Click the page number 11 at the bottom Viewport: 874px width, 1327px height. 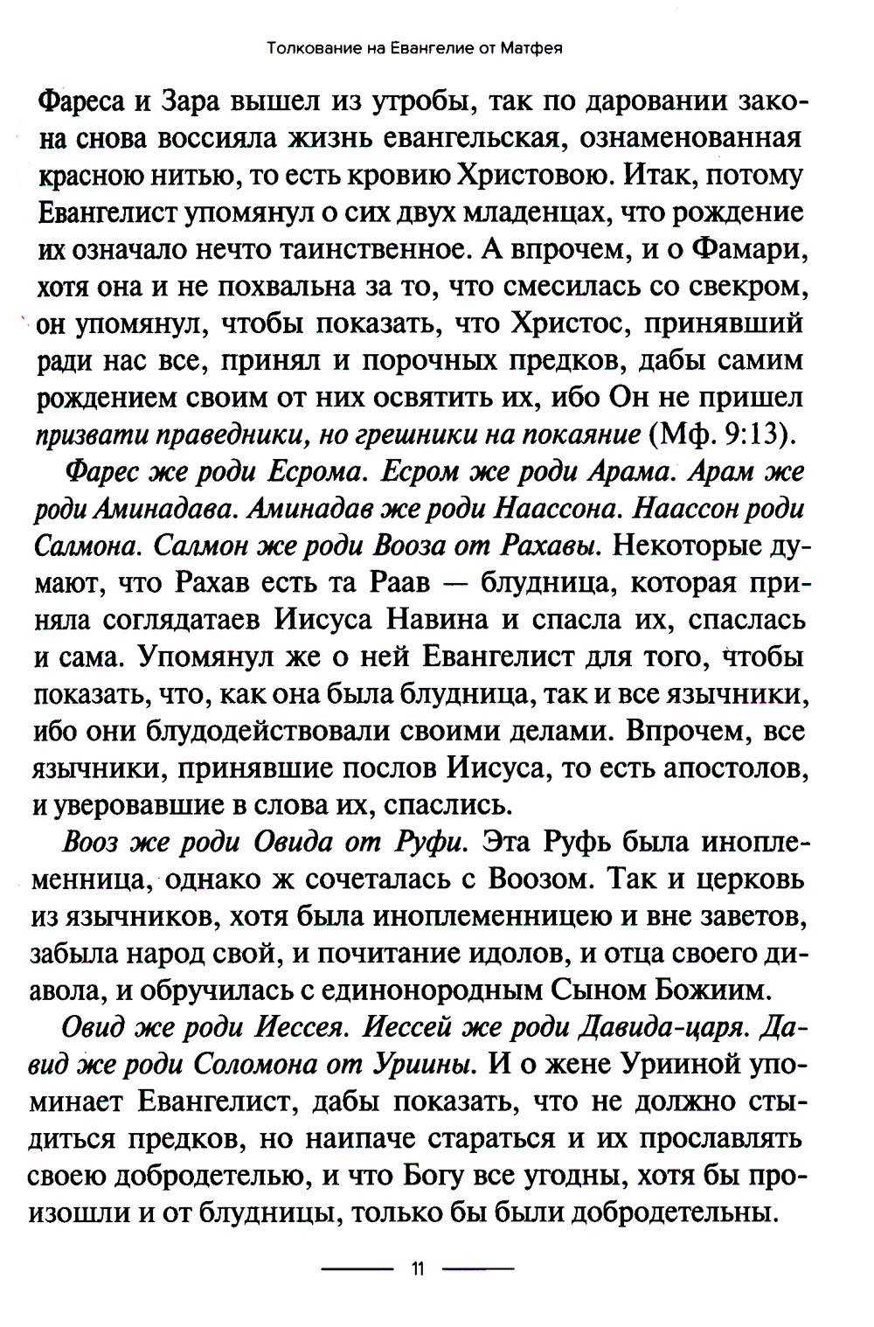[417, 1268]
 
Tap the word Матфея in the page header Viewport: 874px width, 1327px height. [531, 48]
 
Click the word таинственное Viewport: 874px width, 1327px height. [367, 250]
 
